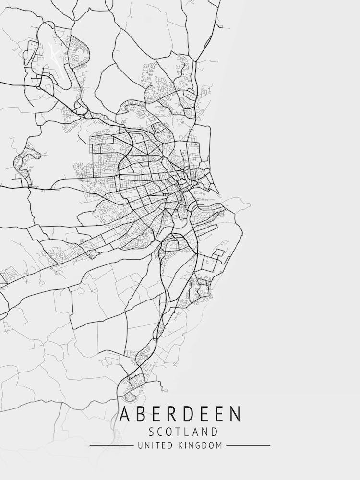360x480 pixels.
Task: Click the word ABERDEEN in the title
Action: (180, 414)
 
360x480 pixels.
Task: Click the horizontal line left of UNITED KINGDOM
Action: (112, 446)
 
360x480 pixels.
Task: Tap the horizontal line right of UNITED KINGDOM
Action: (248, 446)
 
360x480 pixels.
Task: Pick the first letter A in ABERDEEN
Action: (124, 414)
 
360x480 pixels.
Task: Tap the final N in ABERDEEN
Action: (236, 414)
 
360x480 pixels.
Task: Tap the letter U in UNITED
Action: (140, 446)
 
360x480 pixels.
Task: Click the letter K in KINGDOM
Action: (182, 446)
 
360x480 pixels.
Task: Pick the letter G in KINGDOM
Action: (197, 446)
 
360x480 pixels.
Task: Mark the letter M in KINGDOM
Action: (219, 446)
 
